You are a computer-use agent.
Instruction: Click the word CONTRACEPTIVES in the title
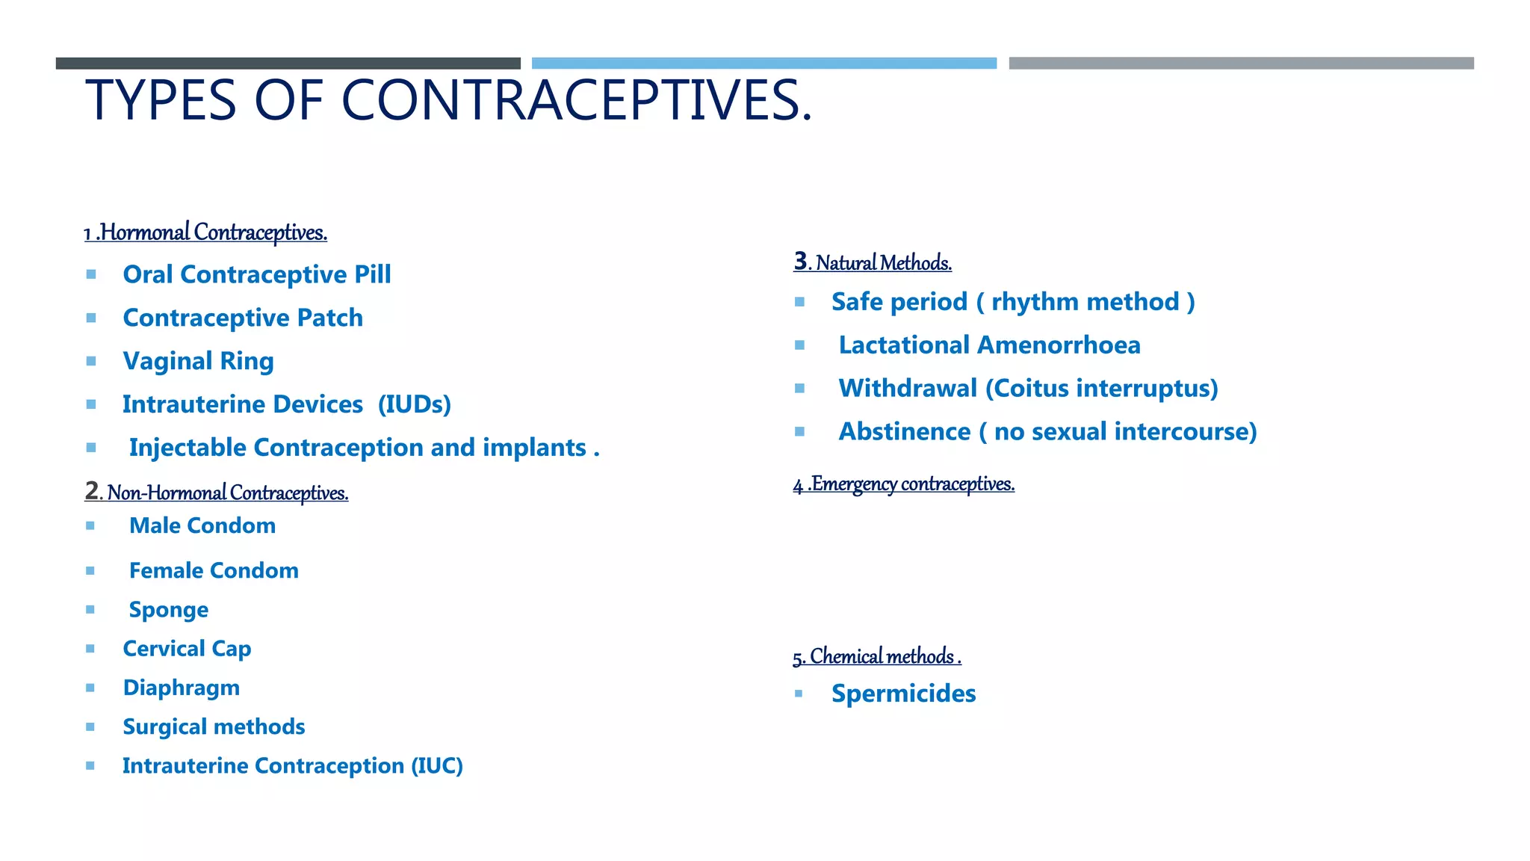click(x=576, y=100)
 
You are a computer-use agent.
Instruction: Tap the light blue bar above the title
click(x=764, y=64)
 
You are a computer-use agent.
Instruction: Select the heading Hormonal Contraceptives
click(x=213, y=232)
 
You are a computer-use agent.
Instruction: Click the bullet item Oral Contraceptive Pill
click(x=256, y=274)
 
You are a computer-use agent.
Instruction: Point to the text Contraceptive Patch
click(x=243, y=318)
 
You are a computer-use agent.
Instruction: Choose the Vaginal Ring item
click(x=198, y=361)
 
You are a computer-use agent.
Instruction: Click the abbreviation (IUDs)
click(x=414, y=404)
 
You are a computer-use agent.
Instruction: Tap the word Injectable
click(x=188, y=448)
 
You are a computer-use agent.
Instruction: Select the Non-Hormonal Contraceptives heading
click(x=226, y=493)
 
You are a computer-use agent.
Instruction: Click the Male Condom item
click(x=202, y=525)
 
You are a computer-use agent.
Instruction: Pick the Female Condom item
click(x=214, y=570)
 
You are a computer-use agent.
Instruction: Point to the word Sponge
click(x=169, y=610)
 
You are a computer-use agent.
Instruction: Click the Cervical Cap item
click(x=187, y=649)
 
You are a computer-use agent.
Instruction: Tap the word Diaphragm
click(x=182, y=688)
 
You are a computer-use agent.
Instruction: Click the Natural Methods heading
click(x=882, y=263)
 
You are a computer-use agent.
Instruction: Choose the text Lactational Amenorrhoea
click(x=989, y=345)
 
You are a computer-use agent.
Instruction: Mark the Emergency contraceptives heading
click(x=911, y=484)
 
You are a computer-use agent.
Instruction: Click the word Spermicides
click(x=903, y=694)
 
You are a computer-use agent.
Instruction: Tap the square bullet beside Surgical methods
click(x=90, y=727)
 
